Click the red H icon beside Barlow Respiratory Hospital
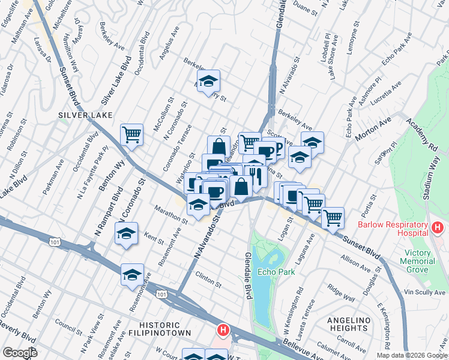pos(437,228)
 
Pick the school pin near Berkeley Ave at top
pos(208,81)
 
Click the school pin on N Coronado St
pos(126,233)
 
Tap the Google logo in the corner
pos(20,353)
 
